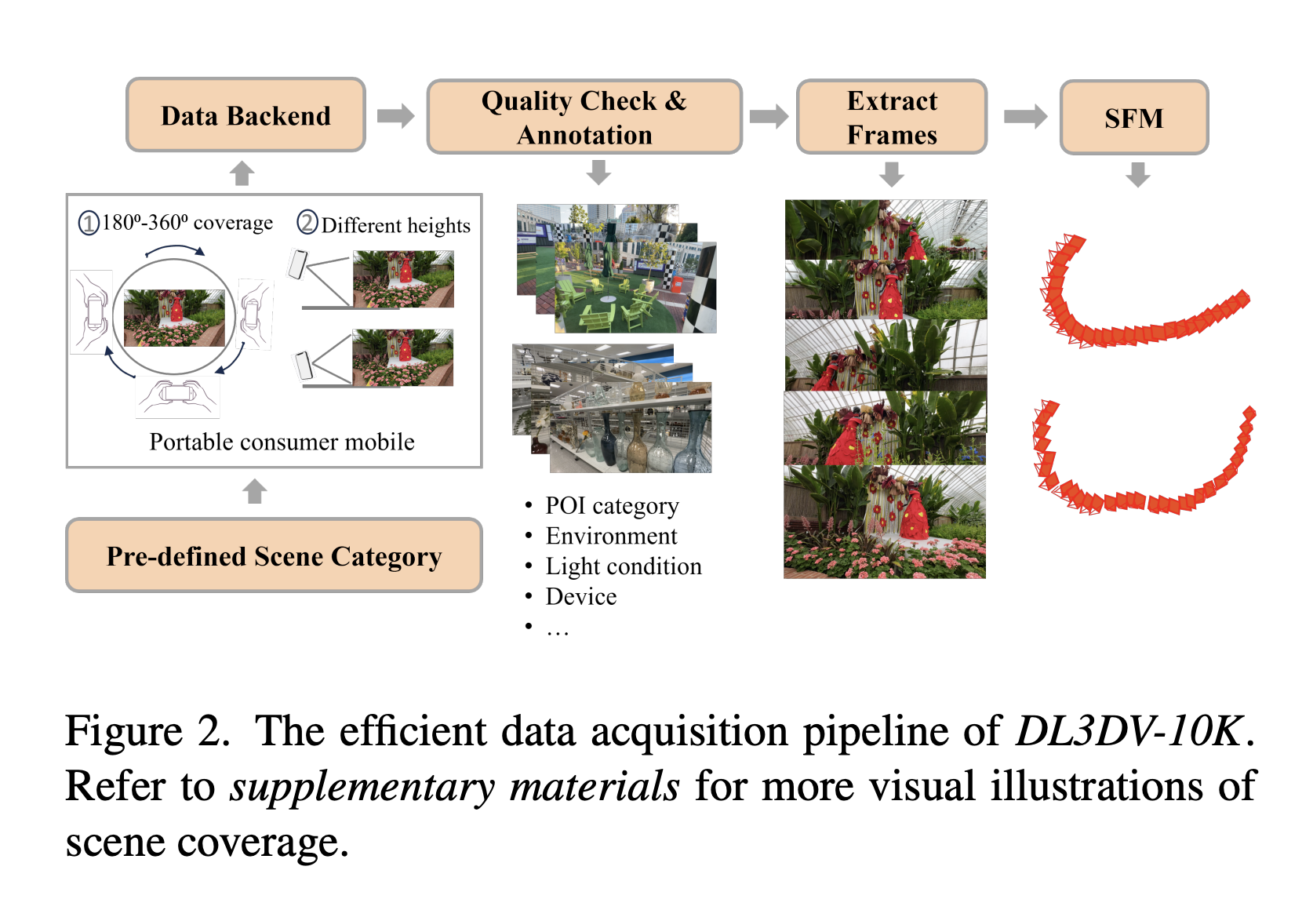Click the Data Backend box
[x=246, y=115]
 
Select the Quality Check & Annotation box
[x=584, y=117]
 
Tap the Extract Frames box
[x=892, y=117]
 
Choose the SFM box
[x=1133, y=118]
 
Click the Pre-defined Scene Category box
[x=274, y=555]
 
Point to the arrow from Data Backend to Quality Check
[x=395, y=116]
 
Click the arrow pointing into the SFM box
[x=1025, y=117]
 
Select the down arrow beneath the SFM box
[x=1137, y=174]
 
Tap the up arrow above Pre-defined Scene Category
[x=255, y=492]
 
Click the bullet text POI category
[x=612, y=506]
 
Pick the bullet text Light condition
[x=624, y=566]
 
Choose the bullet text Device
[x=581, y=597]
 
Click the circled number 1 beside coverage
[x=89, y=224]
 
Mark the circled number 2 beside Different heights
[x=307, y=223]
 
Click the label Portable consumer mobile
[x=282, y=442]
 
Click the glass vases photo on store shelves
[x=630, y=428]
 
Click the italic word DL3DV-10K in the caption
[x=1129, y=731]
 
